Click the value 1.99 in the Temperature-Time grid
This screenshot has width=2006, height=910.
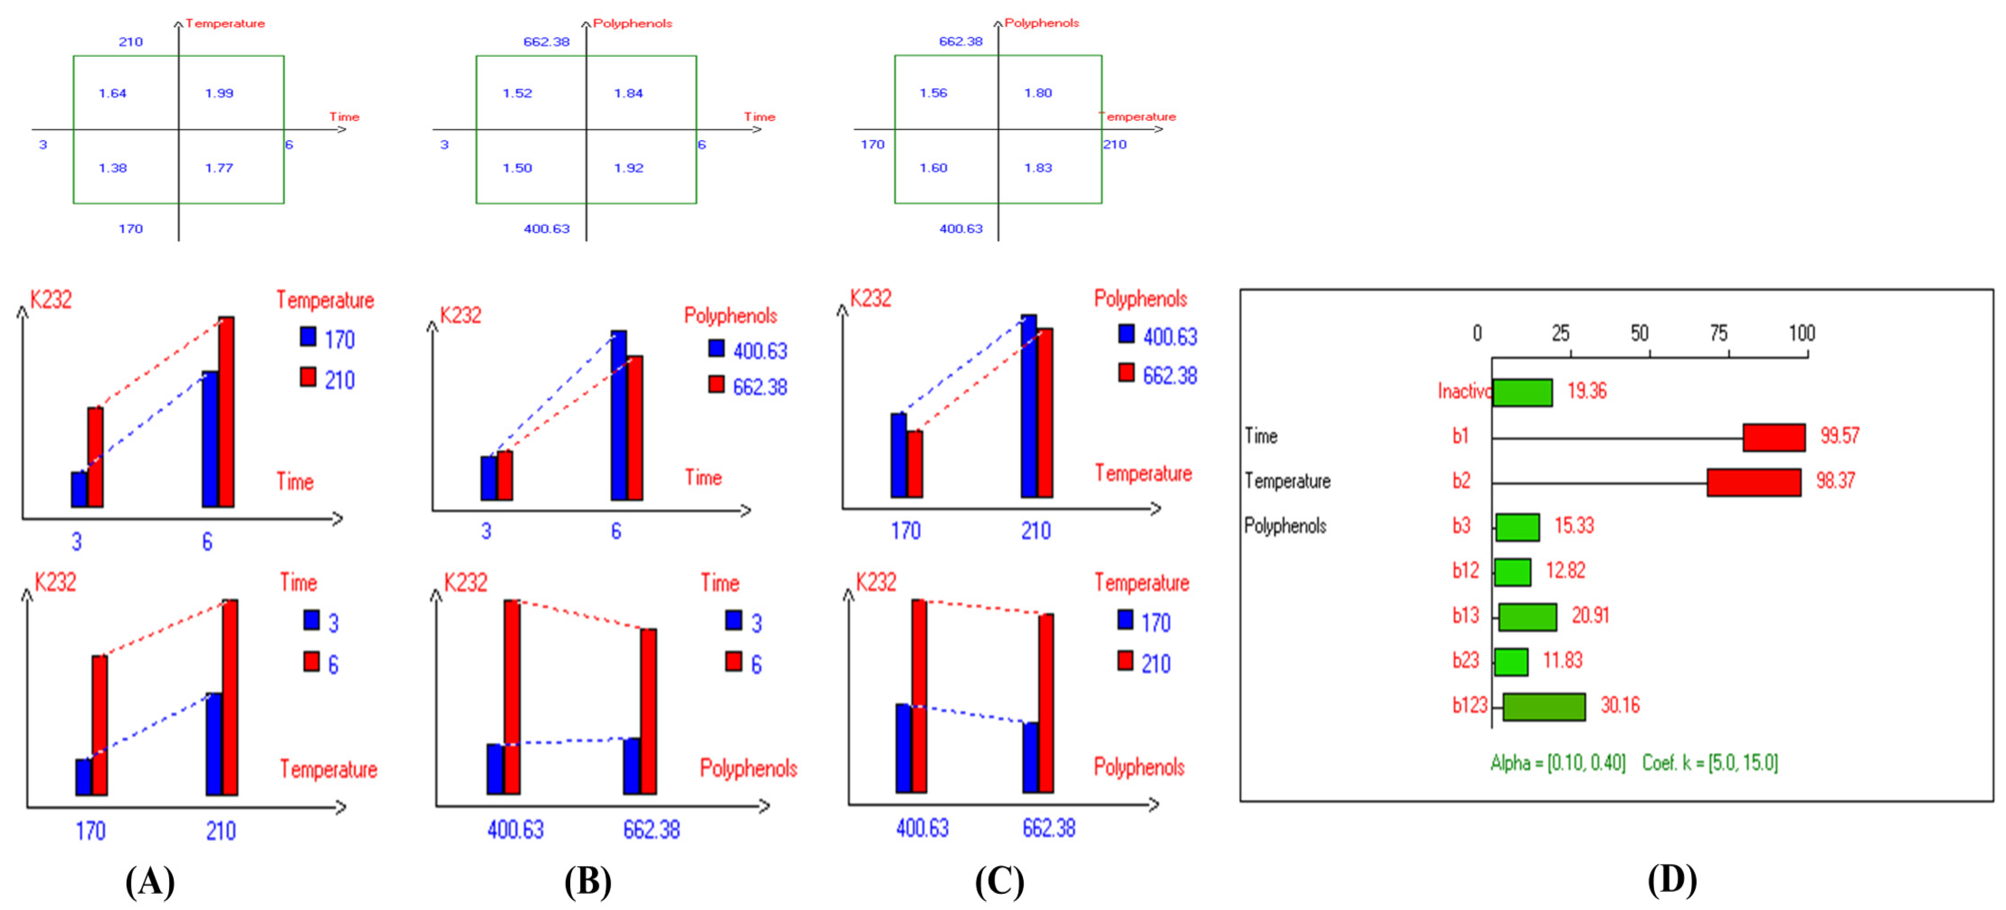(219, 93)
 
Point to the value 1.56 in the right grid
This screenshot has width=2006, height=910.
(933, 93)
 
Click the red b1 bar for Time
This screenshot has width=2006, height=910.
(1773, 437)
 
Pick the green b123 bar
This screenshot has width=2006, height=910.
(1544, 707)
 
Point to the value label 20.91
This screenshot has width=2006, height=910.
(1590, 616)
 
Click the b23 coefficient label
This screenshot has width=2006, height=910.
(1465, 661)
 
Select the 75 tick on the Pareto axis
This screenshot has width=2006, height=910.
(1719, 334)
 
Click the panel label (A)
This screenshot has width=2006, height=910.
(150, 882)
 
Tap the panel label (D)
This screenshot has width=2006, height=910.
(1672, 880)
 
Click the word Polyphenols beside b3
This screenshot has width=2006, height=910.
(1285, 526)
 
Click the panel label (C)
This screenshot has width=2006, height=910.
(999, 882)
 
